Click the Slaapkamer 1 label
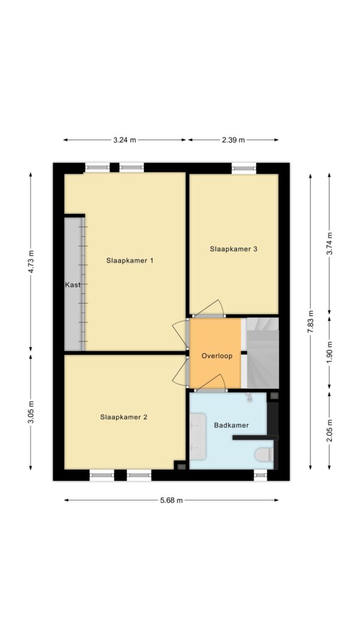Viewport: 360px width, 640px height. [x=130, y=260]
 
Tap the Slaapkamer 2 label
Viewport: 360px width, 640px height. [x=124, y=417]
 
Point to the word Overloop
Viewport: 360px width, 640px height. [x=217, y=356]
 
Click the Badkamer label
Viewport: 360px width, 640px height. [x=232, y=425]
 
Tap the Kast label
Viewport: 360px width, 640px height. [x=73, y=285]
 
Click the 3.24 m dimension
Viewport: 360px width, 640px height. [x=125, y=140]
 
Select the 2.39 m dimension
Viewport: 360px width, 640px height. [x=233, y=140]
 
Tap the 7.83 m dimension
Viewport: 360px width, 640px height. [x=311, y=321]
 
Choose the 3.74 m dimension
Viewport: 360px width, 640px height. [x=330, y=244]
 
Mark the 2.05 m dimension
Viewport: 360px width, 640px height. [x=330, y=430]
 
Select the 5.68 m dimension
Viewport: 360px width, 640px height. [x=172, y=500]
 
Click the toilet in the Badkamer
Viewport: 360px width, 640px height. [x=263, y=455]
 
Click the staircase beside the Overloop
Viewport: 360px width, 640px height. [x=262, y=353]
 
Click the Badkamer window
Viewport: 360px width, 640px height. [x=260, y=475]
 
